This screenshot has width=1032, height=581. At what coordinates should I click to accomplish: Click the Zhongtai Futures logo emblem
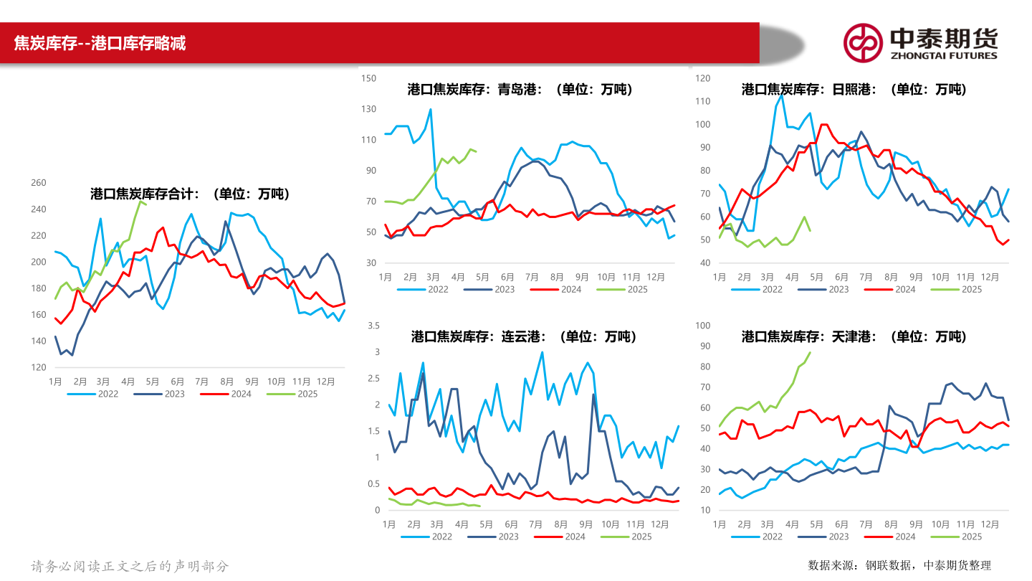862,43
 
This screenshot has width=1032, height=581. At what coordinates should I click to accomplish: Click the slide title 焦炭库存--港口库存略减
100,43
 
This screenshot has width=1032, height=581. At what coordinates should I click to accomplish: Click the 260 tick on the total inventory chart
39,183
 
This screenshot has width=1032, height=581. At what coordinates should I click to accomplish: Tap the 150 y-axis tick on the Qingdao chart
368,78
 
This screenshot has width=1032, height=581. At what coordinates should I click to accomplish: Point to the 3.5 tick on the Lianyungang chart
373,326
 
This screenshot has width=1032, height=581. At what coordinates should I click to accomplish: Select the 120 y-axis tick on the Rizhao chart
702,78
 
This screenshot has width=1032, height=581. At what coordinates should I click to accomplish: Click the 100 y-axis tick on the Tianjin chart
702,326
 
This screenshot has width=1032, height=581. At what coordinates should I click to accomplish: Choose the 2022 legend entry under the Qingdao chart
429,289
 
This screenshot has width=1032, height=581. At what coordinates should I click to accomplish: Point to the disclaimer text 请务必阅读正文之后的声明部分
130,566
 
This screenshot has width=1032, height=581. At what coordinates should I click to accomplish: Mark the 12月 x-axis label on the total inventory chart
325,382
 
